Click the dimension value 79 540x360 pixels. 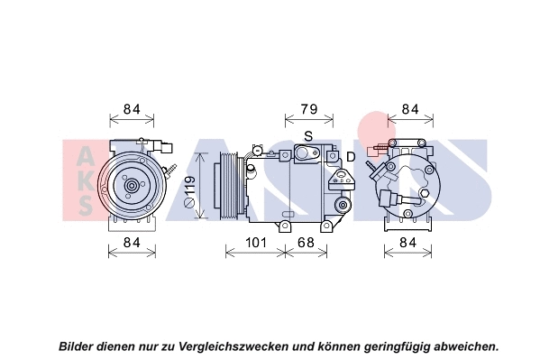[x=308, y=110]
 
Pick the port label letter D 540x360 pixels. [x=351, y=159]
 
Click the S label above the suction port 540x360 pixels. [x=308, y=136]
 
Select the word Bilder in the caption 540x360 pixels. [x=79, y=346]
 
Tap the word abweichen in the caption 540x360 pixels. [x=464, y=346]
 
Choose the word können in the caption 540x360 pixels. [x=339, y=346]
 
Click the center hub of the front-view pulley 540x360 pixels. [x=132, y=187]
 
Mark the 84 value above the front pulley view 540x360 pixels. [x=132, y=110]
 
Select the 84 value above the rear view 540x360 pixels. [x=410, y=110]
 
